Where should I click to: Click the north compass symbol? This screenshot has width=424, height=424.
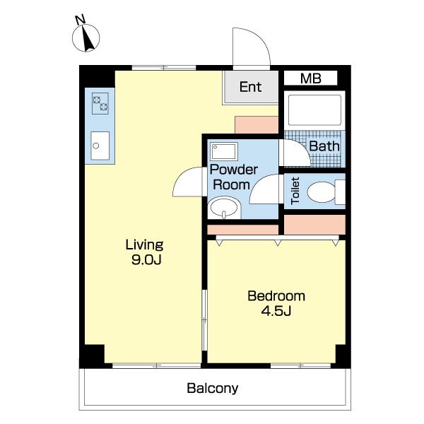click(x=86, y=38)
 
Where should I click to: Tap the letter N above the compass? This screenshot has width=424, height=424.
click(x=80, y=20)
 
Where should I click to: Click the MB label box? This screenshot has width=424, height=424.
click(x=310, y=78)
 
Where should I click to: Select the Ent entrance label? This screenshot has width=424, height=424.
click(x=250, y=87)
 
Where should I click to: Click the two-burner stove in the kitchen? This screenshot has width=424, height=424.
click(x=100, y=103)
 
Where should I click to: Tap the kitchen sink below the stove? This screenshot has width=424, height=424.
click(x=100, y=146)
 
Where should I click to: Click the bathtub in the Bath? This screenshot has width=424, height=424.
click(x=314, y=110)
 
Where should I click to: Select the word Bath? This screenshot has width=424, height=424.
click(x=324, y=146)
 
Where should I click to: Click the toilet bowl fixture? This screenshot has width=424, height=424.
click(x=326, y=192)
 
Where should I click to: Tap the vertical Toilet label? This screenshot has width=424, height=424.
click(x=295, y=191)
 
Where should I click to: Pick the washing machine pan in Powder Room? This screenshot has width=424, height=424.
click(x=224, y=151)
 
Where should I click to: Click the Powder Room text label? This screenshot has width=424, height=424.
click(x=234, y=177)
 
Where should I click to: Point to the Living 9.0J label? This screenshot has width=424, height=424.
click(x=145, y=252)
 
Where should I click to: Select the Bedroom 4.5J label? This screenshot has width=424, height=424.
click(x=276, y=303)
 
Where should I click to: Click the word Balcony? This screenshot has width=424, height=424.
click(x=213, y=388)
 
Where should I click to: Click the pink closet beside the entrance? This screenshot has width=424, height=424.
click(x=257, y=124)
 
